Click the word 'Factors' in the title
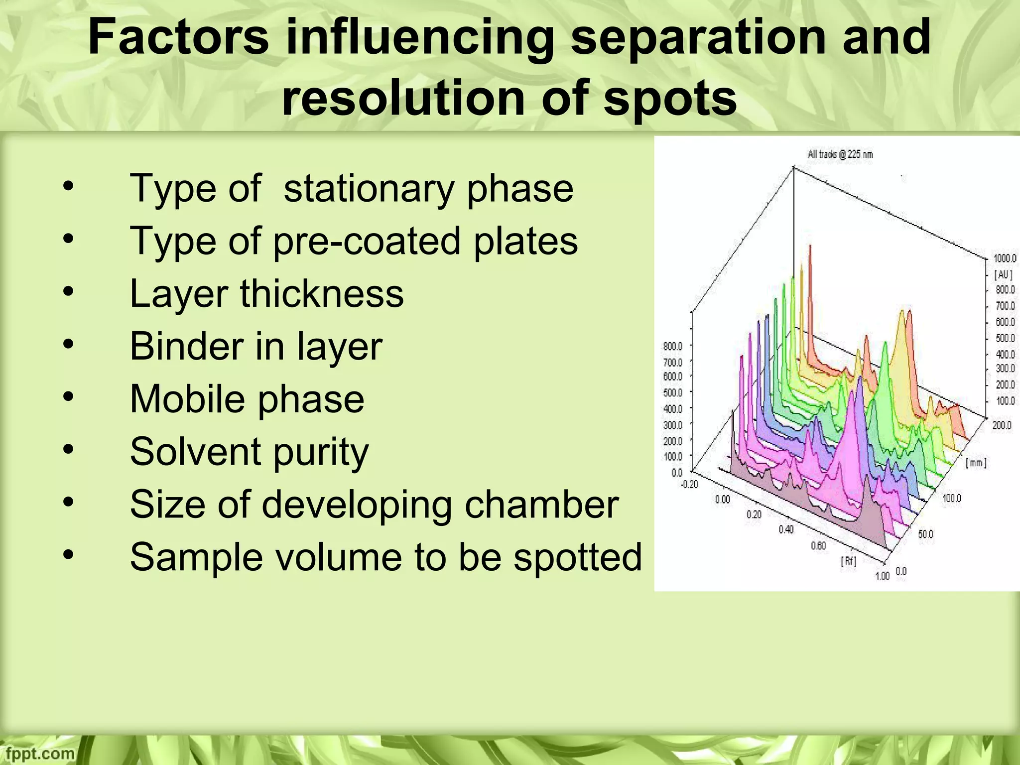pos(178,38)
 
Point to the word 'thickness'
pos(322,294)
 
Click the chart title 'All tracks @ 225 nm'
pos(840,154)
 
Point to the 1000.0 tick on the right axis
pos(1005,258)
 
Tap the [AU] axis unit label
pos(1003,274)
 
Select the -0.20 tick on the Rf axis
pos(690,484)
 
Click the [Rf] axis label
pos(849,561)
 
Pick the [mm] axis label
pos(976,463)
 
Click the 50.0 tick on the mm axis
pos(925,534)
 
